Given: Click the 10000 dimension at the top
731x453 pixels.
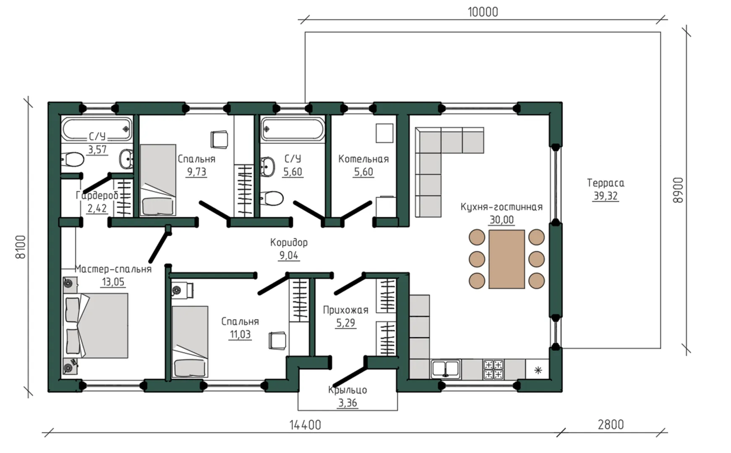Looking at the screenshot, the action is [483, 12].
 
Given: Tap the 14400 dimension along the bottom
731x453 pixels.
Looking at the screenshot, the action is [305, 425].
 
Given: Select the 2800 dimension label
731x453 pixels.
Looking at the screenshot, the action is [611, 424].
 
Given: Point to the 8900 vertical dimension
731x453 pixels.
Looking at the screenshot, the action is [678, 190].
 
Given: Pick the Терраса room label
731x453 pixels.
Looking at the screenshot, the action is [606, 183].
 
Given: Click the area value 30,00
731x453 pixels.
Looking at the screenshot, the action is [501, 220].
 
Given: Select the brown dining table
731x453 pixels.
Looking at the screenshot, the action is [506, 259].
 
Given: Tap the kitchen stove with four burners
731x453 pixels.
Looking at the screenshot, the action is [493, 369].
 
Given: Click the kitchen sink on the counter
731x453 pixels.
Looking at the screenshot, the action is [446, 369].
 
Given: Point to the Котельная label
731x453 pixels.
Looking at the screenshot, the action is [363, 159].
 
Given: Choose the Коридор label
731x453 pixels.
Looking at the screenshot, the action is [289, 242].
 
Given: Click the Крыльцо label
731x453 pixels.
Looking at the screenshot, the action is [347, 390].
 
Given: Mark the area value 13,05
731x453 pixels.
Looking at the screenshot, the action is [113, 282].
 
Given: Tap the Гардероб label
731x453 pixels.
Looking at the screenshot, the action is [97, 195].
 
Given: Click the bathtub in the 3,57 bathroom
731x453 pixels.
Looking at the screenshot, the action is [97, 129].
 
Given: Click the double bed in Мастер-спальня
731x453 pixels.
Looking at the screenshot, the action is [96, 325].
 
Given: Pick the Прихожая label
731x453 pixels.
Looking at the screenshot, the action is [345, 310].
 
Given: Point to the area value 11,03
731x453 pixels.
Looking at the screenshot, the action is [240, 334].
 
